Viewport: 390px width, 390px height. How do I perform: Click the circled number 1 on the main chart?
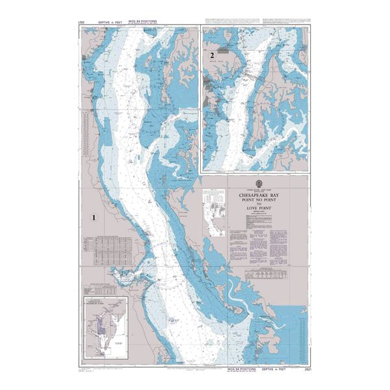tap(95, 218)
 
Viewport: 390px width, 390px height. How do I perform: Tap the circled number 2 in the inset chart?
tap(212, 56)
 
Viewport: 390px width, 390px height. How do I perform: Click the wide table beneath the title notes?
tap(266, 276)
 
